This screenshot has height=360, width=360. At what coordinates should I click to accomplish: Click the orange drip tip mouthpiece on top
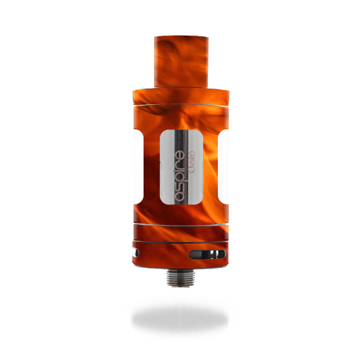click(x=181, y=62)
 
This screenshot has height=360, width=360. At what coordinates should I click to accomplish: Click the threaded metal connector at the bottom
click(x=180, y=276)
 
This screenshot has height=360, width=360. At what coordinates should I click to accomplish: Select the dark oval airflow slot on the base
click(x=207, y=254)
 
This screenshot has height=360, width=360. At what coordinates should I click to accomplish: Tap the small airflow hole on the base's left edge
click(x=136, y=253)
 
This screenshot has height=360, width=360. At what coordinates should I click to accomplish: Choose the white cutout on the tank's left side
click(x=138, y=166)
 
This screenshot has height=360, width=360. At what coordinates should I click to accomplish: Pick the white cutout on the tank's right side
click(x=223, y=166)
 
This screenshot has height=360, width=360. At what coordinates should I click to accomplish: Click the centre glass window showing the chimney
click(x=181, y=167)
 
